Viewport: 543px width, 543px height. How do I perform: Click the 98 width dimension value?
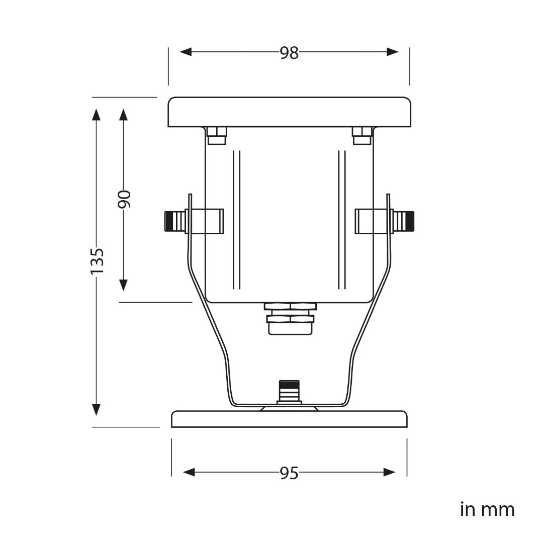pyautogui.click(x=289, y=52)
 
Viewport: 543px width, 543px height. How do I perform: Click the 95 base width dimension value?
pyautogui.click(x=289, y=473)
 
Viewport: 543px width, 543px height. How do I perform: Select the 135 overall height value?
pyautogui.click(x=97, y=260)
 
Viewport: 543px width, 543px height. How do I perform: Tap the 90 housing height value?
pyautogui.click(x=124, y=199)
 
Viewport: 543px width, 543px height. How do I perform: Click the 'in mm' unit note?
pyautogui.click(x=487, y=509)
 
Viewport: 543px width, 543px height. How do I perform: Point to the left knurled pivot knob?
pyautogui.click(x=174, y=221)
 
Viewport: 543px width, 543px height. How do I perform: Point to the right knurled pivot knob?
pyautogui.click(x=404, y=221)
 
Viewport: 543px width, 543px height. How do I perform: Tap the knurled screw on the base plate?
pyautogui.click(x=289, y=391)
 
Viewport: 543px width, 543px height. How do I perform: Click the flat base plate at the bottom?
pyautogui.click(x=289, y=419)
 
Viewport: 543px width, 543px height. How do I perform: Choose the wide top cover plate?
pyautogui.click(x=289, y=112)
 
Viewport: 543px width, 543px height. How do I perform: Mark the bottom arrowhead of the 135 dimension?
pyautogui.click(x=96, y=409)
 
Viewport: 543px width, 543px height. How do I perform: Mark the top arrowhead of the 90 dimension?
pyautogui.click(x=123, y=115)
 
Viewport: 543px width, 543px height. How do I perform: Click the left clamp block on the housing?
pyautogui.click(x=205, y=221)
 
